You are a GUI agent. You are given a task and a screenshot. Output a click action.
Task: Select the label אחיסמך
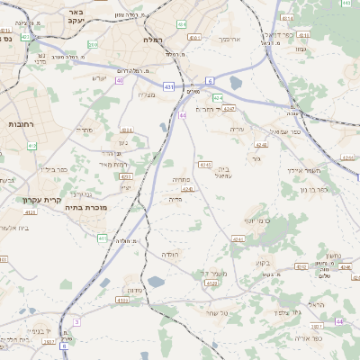(x=229, y=40)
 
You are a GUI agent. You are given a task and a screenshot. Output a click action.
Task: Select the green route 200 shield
(x=92, y=44)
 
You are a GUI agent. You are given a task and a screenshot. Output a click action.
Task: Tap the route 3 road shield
(x=76, y=321)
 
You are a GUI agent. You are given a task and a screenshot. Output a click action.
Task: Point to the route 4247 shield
(x=229, y=109)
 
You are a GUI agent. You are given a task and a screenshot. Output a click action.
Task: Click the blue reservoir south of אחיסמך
(x=235, y=83)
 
